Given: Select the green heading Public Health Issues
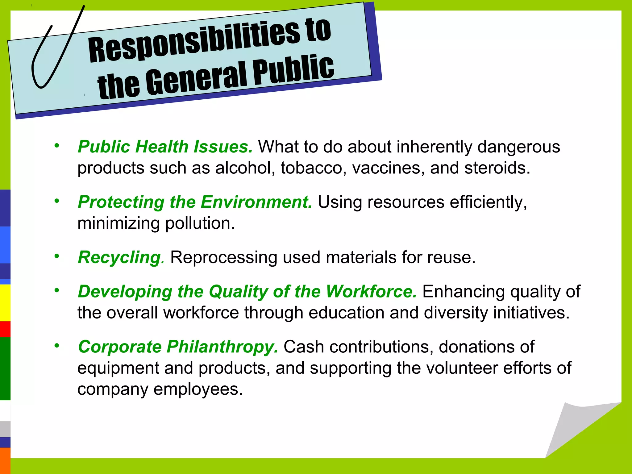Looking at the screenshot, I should pos(165,147).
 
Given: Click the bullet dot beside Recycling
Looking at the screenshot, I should pos(56,256).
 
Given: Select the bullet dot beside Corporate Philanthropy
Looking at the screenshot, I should pos(56,346).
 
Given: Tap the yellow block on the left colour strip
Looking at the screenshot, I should pos(5,303).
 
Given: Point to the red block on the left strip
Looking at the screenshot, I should pos(5,329).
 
